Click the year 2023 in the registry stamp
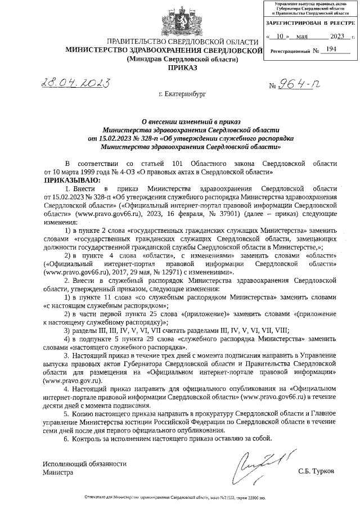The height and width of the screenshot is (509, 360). click(x=337, y=36)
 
